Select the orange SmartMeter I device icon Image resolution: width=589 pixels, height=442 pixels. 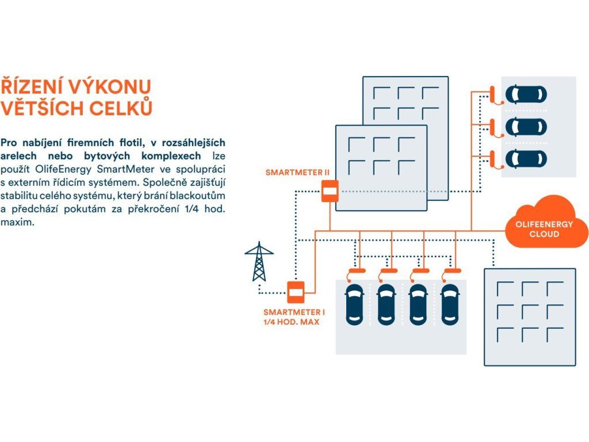point(296,292)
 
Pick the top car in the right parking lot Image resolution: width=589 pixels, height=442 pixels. point(525,94)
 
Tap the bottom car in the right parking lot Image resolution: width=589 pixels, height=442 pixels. point(525,159)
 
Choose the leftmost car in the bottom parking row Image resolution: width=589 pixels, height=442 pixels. point(353,304)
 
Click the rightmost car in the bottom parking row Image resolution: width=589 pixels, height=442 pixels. point(450,304)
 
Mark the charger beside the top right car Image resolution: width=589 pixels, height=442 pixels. point(492,94)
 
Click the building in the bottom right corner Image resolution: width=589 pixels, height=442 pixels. point(530,317)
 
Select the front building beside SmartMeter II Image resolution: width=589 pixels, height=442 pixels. point(381,167)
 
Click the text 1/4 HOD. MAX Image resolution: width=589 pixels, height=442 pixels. point(291,322)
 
